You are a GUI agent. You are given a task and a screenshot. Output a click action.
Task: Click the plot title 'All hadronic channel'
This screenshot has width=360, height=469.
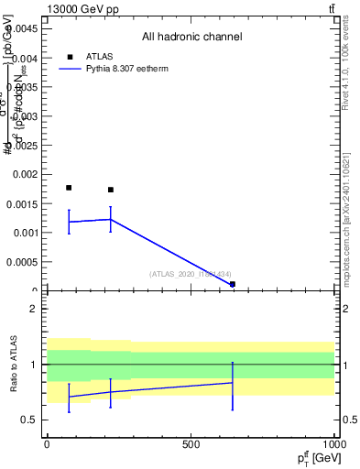[x=191, y=38]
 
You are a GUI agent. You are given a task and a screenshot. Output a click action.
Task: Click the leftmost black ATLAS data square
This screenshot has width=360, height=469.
[x=69, y=188]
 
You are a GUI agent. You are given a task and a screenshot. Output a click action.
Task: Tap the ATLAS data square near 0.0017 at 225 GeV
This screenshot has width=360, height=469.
[x=111, y=190]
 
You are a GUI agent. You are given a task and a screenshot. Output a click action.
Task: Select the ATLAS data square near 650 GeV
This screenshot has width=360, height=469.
[x=233, y=284]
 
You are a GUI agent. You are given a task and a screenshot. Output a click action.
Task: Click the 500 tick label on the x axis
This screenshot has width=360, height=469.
[x=191, y=443]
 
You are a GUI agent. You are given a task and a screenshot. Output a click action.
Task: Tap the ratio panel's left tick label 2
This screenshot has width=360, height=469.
[x=33, y=310]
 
